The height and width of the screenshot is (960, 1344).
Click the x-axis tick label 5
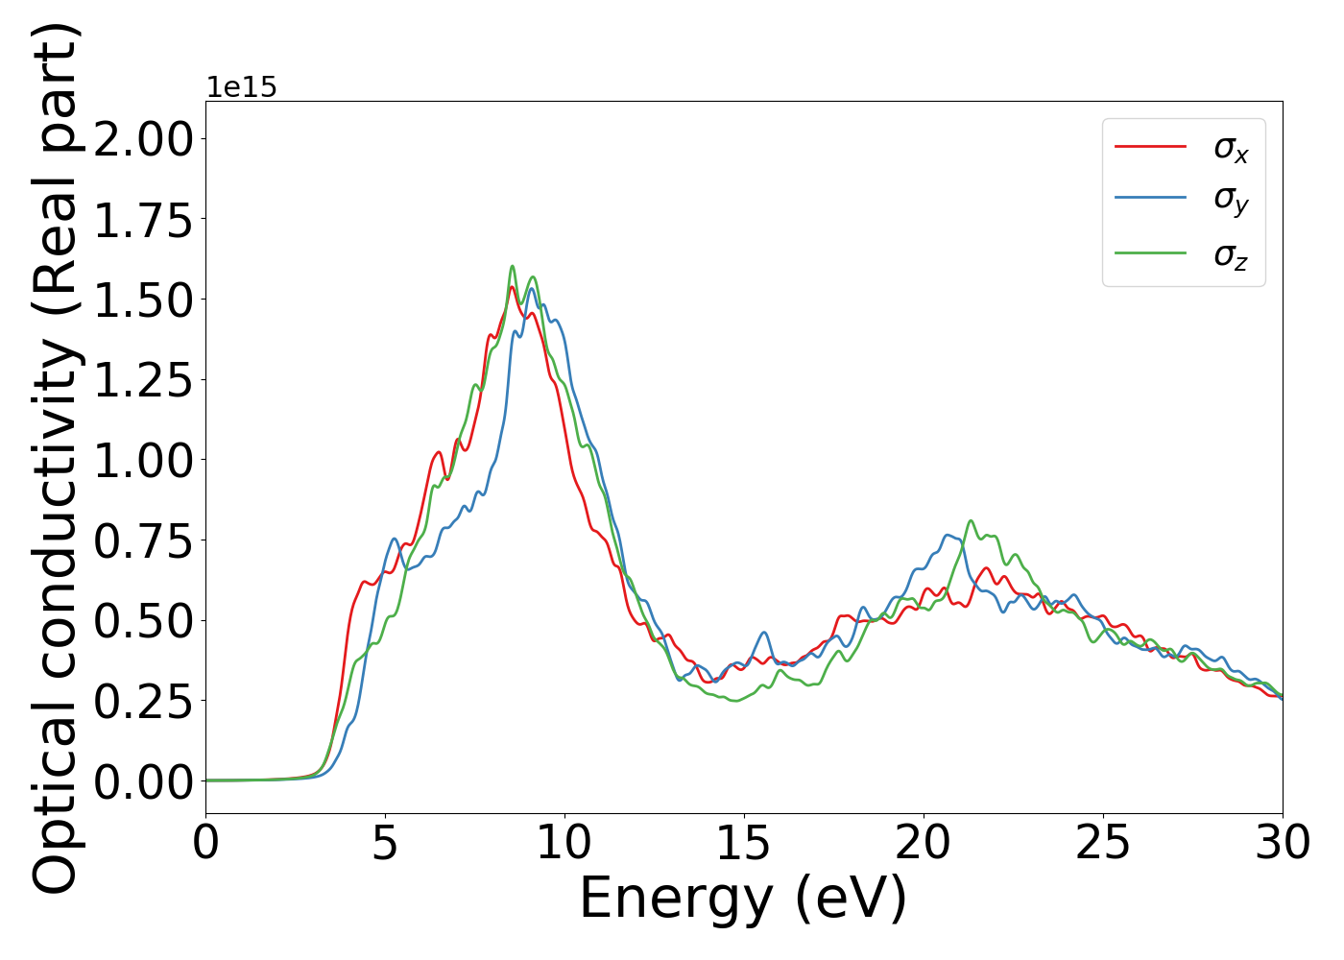pyautogui.click(x=385, y=844)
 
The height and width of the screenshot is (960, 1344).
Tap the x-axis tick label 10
pyautogui.click(x=564, y=844)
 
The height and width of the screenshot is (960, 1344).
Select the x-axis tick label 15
pyautogui.click(x=744, y=844)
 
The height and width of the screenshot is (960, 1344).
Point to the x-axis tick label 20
pyautogui.click(x=924, y=844)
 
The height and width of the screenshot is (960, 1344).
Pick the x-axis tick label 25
pyautogui.click(x=1103, y=844)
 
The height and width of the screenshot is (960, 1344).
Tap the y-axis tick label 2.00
pyautogui.click(x=144, y=140)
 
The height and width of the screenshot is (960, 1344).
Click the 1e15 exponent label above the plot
pyautogui.click(x=242, y=87)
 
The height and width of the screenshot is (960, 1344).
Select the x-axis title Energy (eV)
pyautogui.click(x=743, y=900)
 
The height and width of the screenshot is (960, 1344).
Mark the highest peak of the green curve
pyautogui.click(x=513, y=266)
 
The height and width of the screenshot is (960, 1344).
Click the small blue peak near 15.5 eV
pyautogui.click(x=764, y=632)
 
